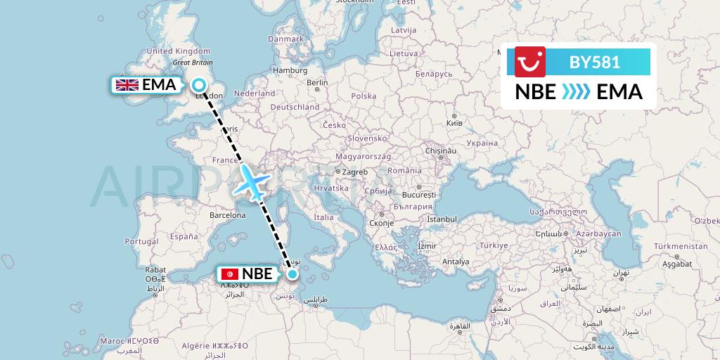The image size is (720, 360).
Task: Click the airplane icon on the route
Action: (251, 182)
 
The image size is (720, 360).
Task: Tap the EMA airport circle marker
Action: (199, 85)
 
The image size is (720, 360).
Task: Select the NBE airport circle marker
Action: (292, 274)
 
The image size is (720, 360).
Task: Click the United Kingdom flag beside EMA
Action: (127, 85)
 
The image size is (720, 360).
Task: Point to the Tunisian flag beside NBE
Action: (229, 274)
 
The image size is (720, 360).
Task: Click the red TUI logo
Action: (530, 62)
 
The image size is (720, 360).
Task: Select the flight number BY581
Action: (594, 62)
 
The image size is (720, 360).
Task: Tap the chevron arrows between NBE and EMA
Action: (576, 92)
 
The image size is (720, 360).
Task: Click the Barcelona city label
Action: (227, 215)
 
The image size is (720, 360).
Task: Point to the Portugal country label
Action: (142, 241)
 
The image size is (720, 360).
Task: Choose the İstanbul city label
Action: (441, 219)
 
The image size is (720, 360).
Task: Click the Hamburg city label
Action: (290, 70)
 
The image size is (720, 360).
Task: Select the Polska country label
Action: (364, 96)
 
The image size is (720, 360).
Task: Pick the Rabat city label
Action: (155, 269)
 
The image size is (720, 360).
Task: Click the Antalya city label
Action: (455, 262)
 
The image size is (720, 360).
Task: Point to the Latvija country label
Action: (404, 30)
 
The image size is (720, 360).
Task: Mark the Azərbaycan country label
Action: (600, 233)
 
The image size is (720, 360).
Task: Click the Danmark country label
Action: (285, 39)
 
